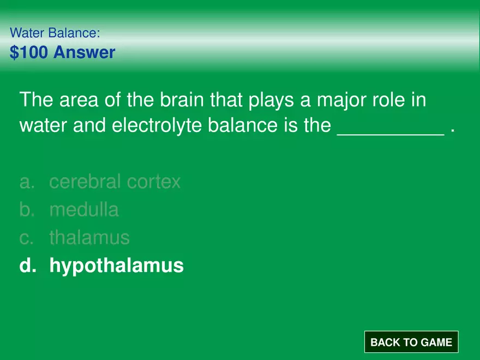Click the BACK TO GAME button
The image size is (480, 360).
411,341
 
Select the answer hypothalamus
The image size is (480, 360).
116,266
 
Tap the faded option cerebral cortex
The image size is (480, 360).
115,182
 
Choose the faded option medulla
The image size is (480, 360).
84,209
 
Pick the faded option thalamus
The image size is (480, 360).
89,238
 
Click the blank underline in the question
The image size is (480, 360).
391,134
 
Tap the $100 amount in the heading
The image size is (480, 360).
29,52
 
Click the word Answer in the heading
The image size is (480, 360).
84,52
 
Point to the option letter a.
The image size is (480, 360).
27,182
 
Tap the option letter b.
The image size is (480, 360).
27,209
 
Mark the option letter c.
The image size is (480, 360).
26,238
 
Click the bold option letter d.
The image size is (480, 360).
28,265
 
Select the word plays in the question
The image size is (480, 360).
271,100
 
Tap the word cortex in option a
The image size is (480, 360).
154,182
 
